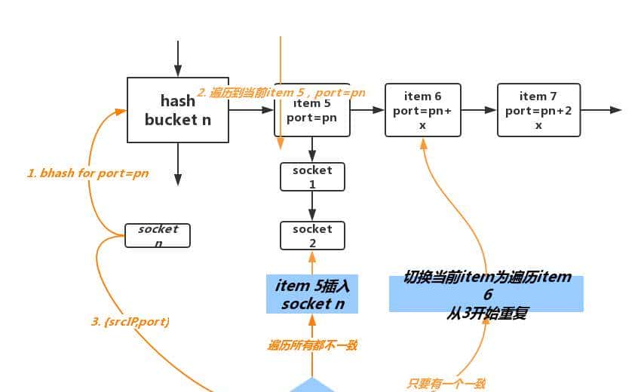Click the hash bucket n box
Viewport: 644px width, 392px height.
pos(177,110)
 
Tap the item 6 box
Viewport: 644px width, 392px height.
pos(422,110)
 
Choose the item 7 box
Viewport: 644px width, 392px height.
pos(538,110)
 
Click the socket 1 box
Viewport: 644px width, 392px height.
pos(312,176)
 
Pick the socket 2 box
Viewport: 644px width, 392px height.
pos(312,235)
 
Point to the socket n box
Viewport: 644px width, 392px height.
pos(158,235)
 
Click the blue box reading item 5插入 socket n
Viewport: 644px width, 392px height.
pos(311,294)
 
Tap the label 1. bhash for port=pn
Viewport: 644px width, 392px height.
pos(87,173)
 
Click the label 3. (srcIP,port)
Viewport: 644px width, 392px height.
pos(130,322)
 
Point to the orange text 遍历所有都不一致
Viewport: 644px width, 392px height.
pos(311,345)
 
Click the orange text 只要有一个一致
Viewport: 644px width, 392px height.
pos(446,384)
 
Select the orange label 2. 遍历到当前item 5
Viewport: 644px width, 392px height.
pos(281,93)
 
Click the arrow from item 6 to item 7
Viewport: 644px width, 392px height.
pos(479,110)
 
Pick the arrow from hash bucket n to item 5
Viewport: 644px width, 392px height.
pos(250,110)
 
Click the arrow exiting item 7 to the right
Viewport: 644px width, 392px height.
pos(601,110)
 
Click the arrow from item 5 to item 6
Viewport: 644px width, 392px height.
pos(367,110)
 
